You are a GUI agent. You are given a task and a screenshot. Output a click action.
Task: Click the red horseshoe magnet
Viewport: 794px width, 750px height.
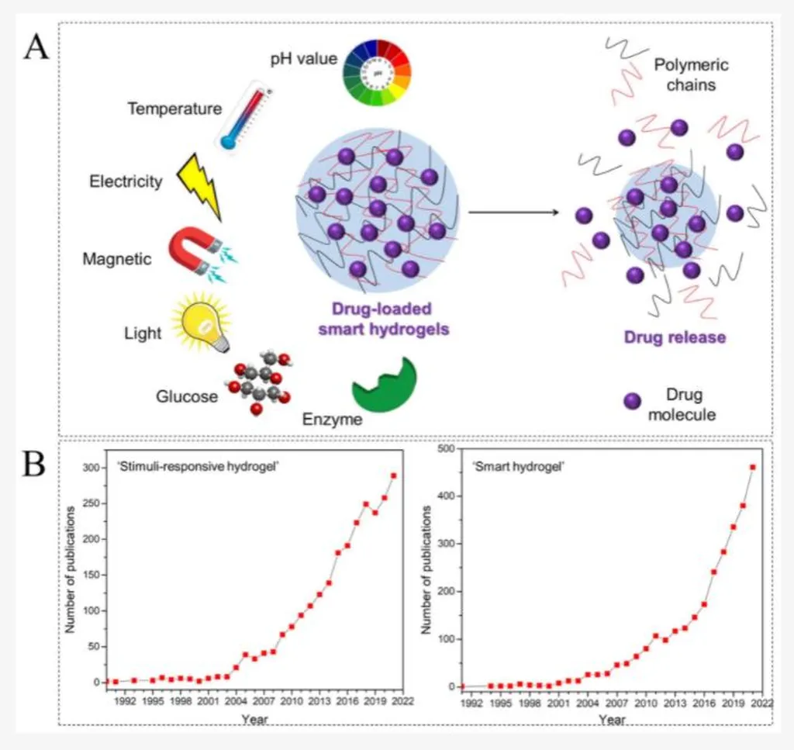(x=194, y=249)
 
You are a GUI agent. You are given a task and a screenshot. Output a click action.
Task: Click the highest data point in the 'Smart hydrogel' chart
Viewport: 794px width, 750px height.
(x=752, y=467)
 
